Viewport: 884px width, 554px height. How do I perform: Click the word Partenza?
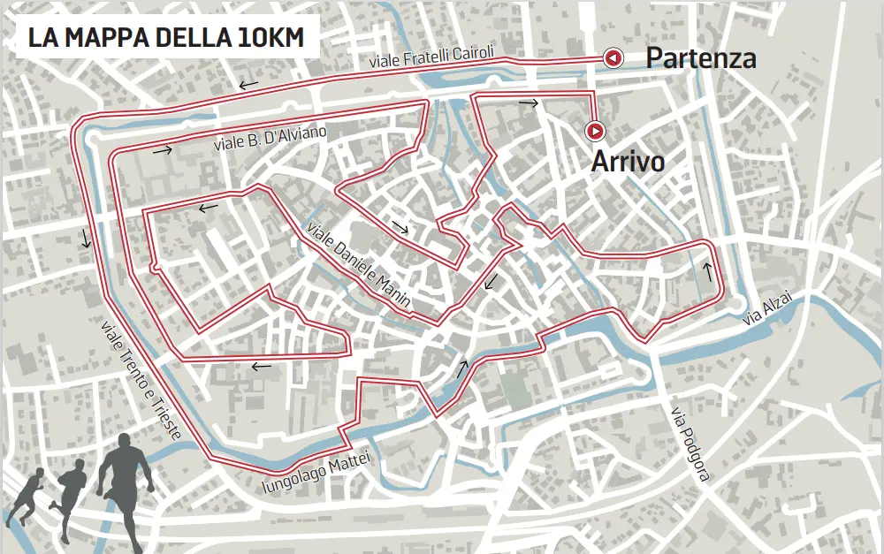[700, 58]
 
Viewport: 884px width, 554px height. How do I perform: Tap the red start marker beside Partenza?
[612, 58]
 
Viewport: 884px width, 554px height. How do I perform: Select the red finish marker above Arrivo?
[596, 132]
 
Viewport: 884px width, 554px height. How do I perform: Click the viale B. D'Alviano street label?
[270, 138]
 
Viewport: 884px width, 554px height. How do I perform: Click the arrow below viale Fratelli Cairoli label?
[248, 86]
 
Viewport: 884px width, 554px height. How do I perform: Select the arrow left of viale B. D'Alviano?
[162, 150]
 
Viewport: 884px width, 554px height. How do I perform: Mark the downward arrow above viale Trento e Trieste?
[85, 238]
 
